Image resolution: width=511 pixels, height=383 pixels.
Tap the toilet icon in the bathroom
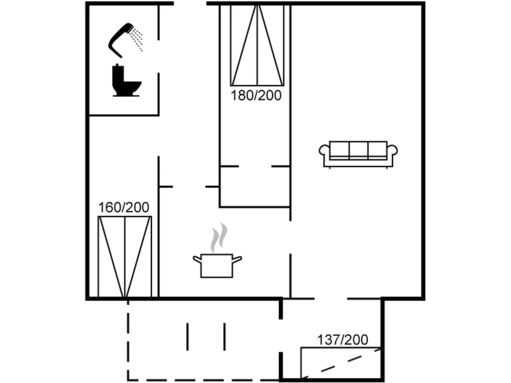coord(126,81)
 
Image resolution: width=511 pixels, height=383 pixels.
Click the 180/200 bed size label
coord(256,95)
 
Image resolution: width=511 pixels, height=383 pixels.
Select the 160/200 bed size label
coord(123,208)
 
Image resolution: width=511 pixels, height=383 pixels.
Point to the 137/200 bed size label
coord(342,340)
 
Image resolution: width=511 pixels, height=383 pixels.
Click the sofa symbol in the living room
coord(358,154)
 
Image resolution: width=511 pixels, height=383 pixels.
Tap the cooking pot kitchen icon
coord(217,265)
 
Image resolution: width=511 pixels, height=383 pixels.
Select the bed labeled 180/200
coord(257,46)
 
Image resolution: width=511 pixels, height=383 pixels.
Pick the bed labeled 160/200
coord(124,256)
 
